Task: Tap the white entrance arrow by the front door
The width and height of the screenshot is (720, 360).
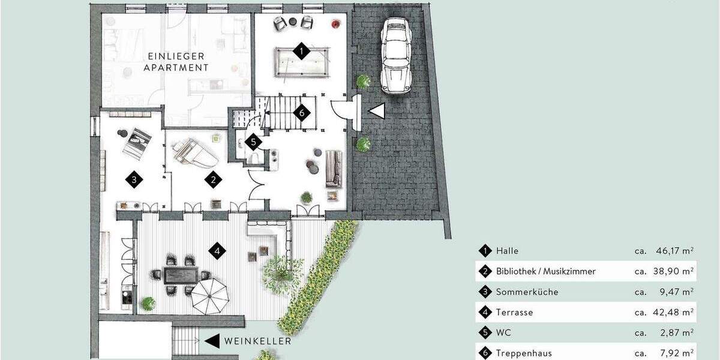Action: click(376, 112)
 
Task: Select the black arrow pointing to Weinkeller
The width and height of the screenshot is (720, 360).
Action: click(212, 341)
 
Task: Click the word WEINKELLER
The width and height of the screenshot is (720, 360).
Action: click(258, 341)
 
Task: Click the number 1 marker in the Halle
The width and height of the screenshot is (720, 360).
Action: click(301, 51)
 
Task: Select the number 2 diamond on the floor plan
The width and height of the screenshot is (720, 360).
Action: click(212, 179)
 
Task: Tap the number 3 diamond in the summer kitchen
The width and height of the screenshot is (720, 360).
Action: click(134, 179)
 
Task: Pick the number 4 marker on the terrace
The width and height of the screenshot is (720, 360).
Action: click(217, 250)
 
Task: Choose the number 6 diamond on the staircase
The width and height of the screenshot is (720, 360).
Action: click(302, 112)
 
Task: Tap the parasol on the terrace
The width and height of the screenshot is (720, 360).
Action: click(210, 293)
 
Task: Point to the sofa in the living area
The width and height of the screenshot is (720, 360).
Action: click(334, 168)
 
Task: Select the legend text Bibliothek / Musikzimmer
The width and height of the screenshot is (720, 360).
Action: click(545, 271)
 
